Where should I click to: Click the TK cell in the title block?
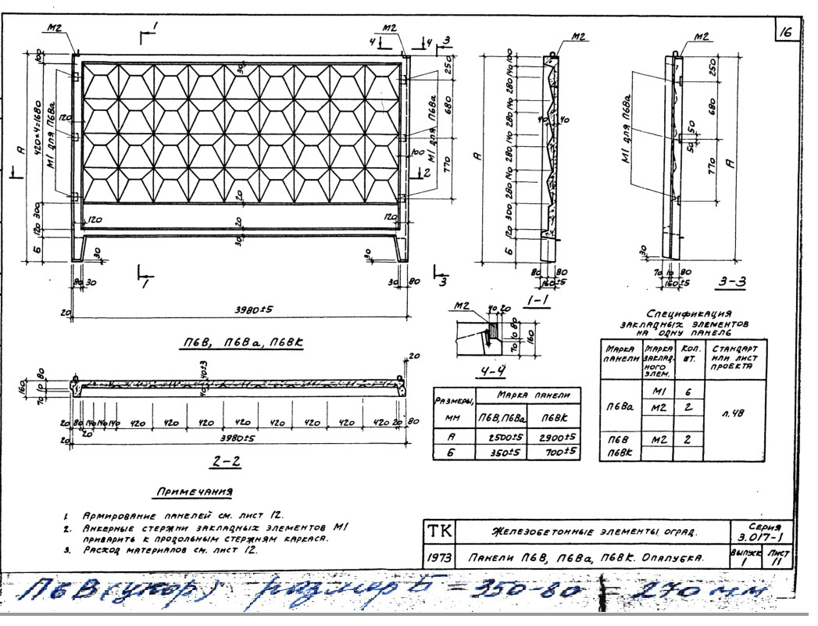tap(434, 531)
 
